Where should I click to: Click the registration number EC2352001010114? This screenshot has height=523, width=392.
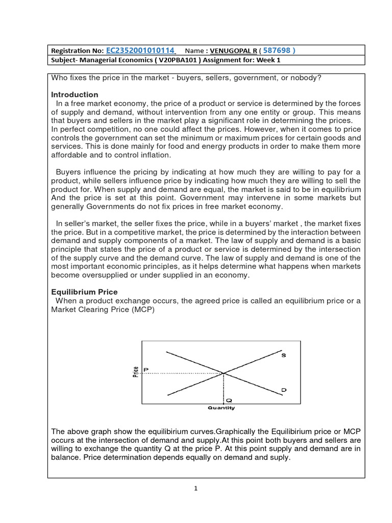pos(140,50)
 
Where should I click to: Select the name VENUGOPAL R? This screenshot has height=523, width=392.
pos(228,51)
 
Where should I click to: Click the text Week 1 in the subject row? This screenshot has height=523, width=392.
pos(268,60)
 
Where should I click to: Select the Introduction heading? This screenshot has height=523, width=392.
pos(75,94)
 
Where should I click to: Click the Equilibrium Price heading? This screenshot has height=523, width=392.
pos(84,292)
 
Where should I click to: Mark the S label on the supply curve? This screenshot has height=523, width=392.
pos(284,355)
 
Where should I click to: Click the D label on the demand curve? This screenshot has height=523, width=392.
pos(284,390)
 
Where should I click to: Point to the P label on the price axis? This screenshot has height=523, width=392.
pos(146,369)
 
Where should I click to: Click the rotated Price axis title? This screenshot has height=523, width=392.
pos(135,372)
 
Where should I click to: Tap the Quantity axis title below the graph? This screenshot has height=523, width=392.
pos(221,408)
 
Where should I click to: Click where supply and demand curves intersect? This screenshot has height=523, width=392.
pos(224,373)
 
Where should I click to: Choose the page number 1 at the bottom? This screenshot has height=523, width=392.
pos(195,488)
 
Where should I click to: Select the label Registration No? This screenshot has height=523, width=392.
pos(77,51)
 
